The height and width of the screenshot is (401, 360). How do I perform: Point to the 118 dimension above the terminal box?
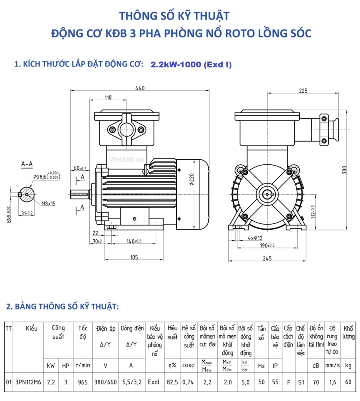108,98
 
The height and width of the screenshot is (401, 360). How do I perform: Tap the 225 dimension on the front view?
303,91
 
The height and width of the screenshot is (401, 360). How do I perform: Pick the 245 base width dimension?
267,259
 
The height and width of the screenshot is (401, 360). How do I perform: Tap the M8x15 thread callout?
49,203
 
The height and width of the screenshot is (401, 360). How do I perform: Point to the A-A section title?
27,165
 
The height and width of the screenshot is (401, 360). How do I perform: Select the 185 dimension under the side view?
133,257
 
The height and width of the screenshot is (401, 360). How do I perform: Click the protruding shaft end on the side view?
79,193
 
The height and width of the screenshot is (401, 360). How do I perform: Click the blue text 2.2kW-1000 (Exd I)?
191,64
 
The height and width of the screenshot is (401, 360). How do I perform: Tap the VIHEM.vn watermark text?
121,159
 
